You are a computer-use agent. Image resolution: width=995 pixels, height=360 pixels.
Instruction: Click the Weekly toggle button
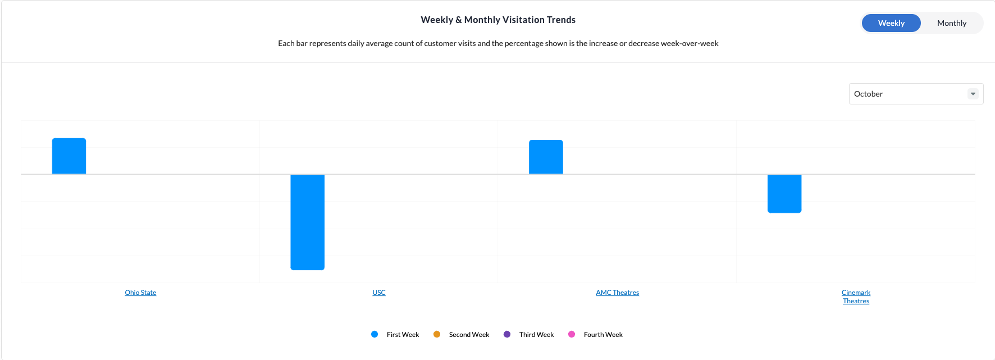891,23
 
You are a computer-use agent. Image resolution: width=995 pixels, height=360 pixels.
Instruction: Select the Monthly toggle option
952,23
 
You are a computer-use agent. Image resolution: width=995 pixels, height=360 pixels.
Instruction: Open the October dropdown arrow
973,94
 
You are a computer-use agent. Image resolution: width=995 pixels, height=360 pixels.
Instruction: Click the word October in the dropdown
868,94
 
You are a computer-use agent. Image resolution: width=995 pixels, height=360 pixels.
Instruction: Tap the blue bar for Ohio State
69,156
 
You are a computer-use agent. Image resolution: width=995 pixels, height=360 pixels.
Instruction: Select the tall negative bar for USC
307,222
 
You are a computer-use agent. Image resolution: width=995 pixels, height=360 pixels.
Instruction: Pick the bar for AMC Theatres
546,157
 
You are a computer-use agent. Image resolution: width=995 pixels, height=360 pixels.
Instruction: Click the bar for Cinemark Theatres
784,194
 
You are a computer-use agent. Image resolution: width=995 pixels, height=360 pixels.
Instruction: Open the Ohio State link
140,293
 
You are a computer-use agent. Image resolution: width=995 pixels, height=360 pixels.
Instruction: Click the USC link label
379,293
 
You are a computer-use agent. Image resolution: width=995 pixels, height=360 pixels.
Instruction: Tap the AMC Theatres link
618,293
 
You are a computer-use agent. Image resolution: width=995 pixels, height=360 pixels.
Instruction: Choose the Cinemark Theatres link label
856,297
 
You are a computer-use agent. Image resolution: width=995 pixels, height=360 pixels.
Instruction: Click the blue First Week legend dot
375,334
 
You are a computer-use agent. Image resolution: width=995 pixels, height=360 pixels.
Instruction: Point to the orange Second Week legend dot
437,334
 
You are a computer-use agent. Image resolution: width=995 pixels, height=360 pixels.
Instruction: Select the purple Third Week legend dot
507,334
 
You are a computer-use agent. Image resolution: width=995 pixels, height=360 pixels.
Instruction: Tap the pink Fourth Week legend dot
572,334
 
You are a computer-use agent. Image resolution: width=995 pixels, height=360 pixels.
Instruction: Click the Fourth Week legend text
603,335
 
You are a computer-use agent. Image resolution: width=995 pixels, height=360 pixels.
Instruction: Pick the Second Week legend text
469,335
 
